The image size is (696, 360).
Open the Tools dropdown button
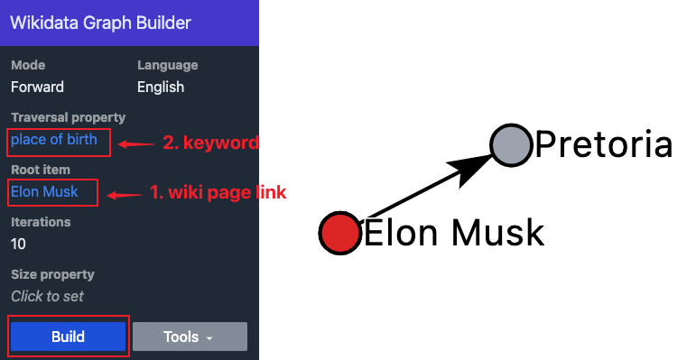pyautogui.click(x=190, y=337)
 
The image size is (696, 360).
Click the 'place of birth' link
pyautogui.click(x=54, y=140)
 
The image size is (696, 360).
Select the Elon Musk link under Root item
pyautogui.click(x=44, y=191)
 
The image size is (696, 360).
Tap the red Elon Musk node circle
pyautogui.click(x=339, y=232)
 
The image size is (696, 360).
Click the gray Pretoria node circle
pyautogui.click(x=511, y=144)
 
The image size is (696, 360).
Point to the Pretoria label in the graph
pyautogui.click(x=603, y=144)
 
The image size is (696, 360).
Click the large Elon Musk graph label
pyautogui.click(x=453, y=233)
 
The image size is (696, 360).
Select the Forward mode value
pyautogui.click(x=37, y=88)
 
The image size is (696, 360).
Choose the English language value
pyautogui.click(x=161, y=88)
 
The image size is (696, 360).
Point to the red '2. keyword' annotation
pyautogui.click(x=210, y=143)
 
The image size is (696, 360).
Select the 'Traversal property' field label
pyautogui.click(x=68, y=117)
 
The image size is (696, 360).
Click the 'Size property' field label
pyautogui.click(x=52, y=274)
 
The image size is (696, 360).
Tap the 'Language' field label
pyautogui.click(x=167, y=65)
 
